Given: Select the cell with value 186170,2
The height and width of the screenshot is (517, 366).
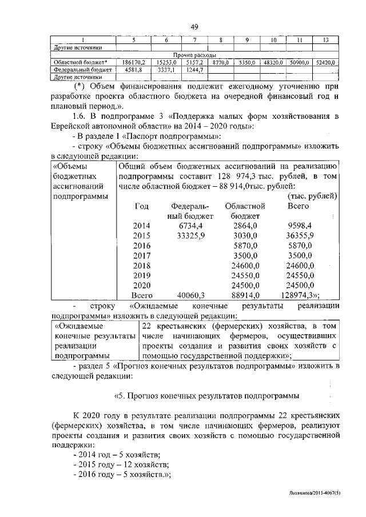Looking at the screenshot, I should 134,62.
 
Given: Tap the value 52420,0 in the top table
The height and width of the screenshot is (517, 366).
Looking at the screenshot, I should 325,62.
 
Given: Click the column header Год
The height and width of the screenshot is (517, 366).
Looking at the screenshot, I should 141,206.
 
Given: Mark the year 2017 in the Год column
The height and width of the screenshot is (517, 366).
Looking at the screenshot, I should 141,256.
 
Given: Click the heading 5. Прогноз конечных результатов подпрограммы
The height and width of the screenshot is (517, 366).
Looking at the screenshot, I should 206,395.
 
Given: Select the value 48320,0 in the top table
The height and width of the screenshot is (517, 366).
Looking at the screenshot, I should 274,62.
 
